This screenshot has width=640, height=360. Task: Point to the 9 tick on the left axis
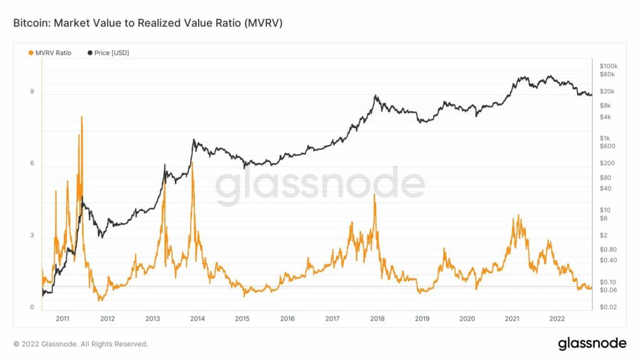pos(32,92)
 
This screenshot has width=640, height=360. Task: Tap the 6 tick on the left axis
pos(32,164)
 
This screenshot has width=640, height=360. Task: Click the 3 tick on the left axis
pos(32,236)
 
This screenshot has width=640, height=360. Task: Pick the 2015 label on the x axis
pos(242,319)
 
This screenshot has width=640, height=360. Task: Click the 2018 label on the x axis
pos(377,319)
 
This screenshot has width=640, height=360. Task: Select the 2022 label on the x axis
pos(557,319)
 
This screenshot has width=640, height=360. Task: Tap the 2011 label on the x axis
pos(62,319)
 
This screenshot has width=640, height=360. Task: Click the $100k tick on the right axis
pos(608,66)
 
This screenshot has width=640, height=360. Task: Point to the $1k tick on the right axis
pos(604,138)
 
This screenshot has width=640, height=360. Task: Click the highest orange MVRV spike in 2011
pos(82,117)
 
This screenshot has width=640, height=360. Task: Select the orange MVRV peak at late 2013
pos(192,162)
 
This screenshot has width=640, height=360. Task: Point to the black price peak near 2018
pos(375,96)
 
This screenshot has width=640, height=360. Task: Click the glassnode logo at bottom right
pos(591,343)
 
